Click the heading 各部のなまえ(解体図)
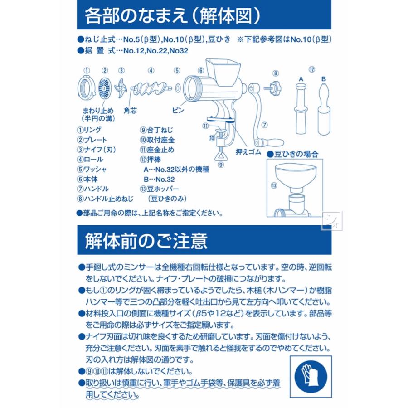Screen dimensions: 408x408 tap(173, 16)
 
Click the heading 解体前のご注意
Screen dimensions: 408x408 tap(146, 241)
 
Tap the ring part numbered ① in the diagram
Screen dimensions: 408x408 tap(87, 89)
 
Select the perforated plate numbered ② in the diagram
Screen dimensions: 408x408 tap(105, 89)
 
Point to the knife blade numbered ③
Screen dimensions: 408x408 tap(121, 88)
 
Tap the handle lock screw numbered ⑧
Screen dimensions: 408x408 tap(274, 88)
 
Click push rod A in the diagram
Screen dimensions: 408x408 tap(301, 109)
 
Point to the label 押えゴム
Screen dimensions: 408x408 tap(248, 152)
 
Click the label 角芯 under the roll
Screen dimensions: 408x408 tap(130, 111)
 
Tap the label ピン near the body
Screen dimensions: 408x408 tap(178, 110)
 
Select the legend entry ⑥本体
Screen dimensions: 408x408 tap(87, 179)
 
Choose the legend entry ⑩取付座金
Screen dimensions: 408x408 tap(157, 140)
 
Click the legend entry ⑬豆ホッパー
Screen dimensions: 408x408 tap(159, 189)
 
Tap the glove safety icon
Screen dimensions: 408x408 tap(311, 376)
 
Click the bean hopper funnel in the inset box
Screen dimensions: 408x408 tap(296, 177)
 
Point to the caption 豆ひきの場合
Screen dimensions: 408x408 tap(293, 154)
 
